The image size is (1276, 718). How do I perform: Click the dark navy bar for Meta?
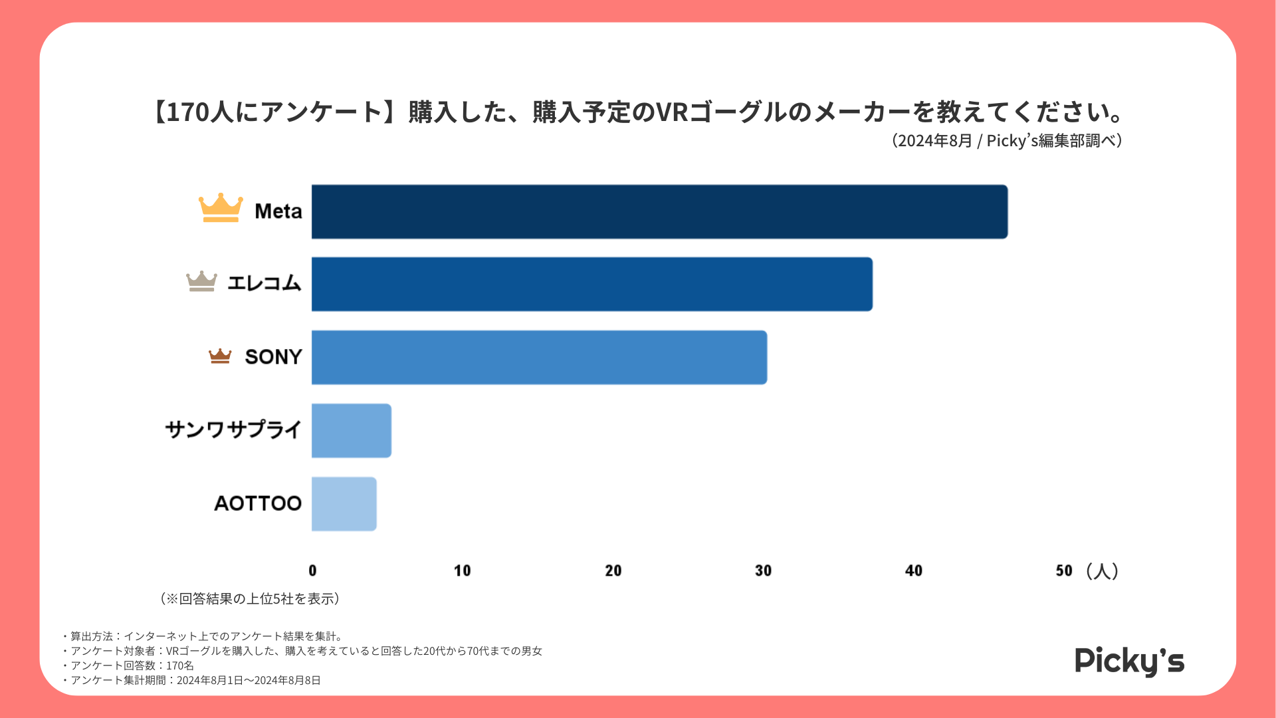point(659,211)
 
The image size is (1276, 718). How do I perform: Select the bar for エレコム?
point(591,284)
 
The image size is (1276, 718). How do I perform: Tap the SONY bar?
point(539,357)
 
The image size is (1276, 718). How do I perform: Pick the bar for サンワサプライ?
point(351,430)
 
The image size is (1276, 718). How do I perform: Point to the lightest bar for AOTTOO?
point(344,503)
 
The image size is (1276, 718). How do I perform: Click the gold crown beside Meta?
point(221,207)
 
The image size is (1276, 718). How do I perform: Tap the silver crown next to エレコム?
point(201,281)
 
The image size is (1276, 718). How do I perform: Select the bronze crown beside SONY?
point(220,356)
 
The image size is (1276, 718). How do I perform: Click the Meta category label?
point(278,211)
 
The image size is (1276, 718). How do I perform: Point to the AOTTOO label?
point(258,503)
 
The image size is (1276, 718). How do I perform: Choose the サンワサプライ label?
point(233,429)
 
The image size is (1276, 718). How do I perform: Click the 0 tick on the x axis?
point(312,570)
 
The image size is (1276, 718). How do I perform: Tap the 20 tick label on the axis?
point(613,570)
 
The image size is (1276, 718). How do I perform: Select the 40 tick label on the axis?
point(914,570)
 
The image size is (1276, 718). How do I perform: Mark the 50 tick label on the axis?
point(1064,570)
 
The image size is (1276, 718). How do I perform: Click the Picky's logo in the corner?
point(1129,661)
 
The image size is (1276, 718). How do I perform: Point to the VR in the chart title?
point(672,112)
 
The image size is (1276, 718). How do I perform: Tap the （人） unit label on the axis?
point(1103,570)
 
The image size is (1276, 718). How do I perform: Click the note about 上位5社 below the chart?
point(250,598)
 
